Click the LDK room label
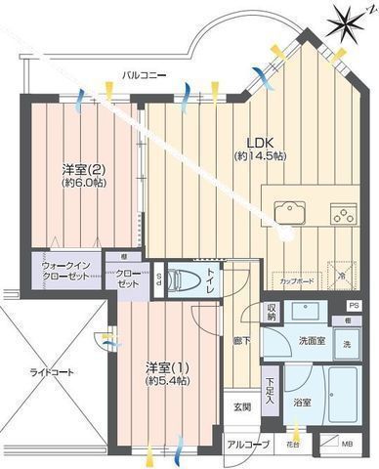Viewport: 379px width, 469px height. coord(246,141)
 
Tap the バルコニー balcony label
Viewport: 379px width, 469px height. coord(144,74)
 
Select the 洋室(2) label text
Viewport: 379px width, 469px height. coord(77,167)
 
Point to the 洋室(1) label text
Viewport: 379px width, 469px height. coord(160,366)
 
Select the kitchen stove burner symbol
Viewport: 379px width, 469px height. coord(342,212)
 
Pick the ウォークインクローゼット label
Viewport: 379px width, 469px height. coord(65,271)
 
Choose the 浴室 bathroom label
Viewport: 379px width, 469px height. coord(302,402)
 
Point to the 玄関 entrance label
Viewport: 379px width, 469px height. coord(240,406)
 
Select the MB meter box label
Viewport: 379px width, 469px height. coord(347,446)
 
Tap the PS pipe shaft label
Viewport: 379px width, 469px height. coord(353,307)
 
